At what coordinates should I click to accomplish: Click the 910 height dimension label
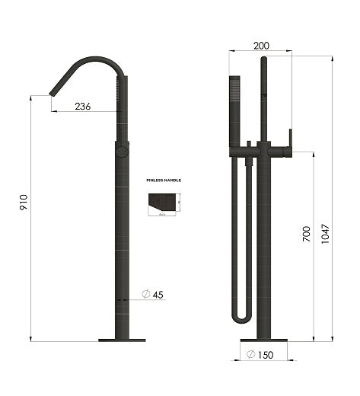pyautogui.click(x=24, y=202)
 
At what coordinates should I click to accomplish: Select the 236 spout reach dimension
pyautogui.click(x=83, y=107)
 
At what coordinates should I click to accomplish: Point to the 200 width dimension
pyautogui.click(x=261, y=46)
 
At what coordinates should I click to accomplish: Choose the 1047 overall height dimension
pyautogui.click(x=326, y=234)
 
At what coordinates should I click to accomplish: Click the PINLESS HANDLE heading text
pyautogui.click(x=164, y=180)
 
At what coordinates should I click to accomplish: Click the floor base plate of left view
pyautogui.click(x=122, y=340)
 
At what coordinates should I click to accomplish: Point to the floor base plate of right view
pyautogui.click(x=264, y=340)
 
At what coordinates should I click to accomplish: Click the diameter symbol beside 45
pyautogui.click(x=144, y=294)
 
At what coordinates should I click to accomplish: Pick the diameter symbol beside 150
pyautogui.click(x=250, y=355)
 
